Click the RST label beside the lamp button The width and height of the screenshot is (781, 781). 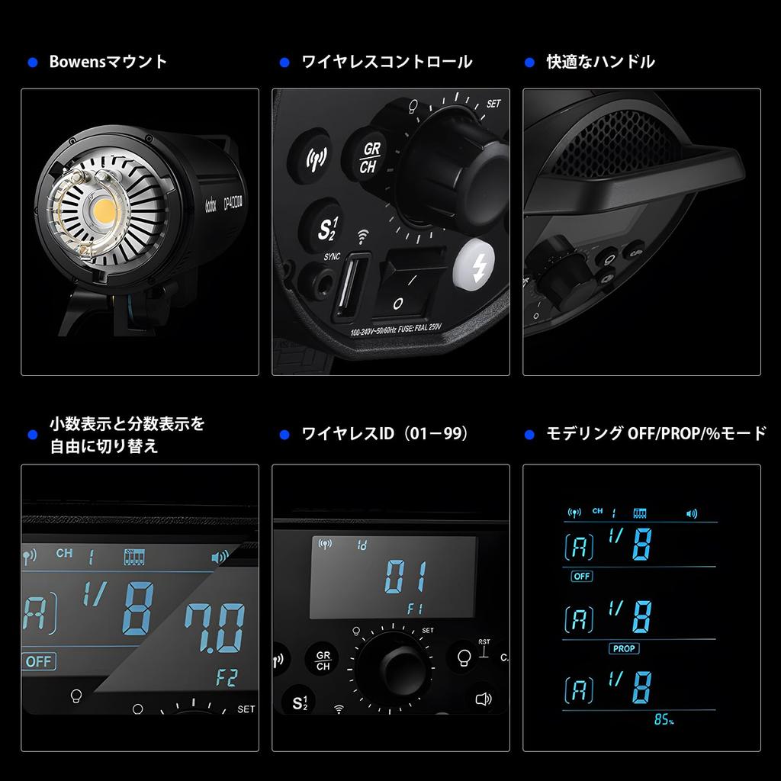pos(484,642)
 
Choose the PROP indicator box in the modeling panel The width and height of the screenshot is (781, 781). pos(624,648)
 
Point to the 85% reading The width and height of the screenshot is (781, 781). pos(663,720)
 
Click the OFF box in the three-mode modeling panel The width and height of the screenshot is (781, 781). pos(581,577)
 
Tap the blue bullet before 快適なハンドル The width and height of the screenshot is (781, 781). pos(530,63)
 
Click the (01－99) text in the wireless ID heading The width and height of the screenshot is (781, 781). pos(436,434)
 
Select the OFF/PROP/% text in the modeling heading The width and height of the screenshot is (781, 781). pos(672,434)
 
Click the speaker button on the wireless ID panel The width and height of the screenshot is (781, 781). pos(482,698)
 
